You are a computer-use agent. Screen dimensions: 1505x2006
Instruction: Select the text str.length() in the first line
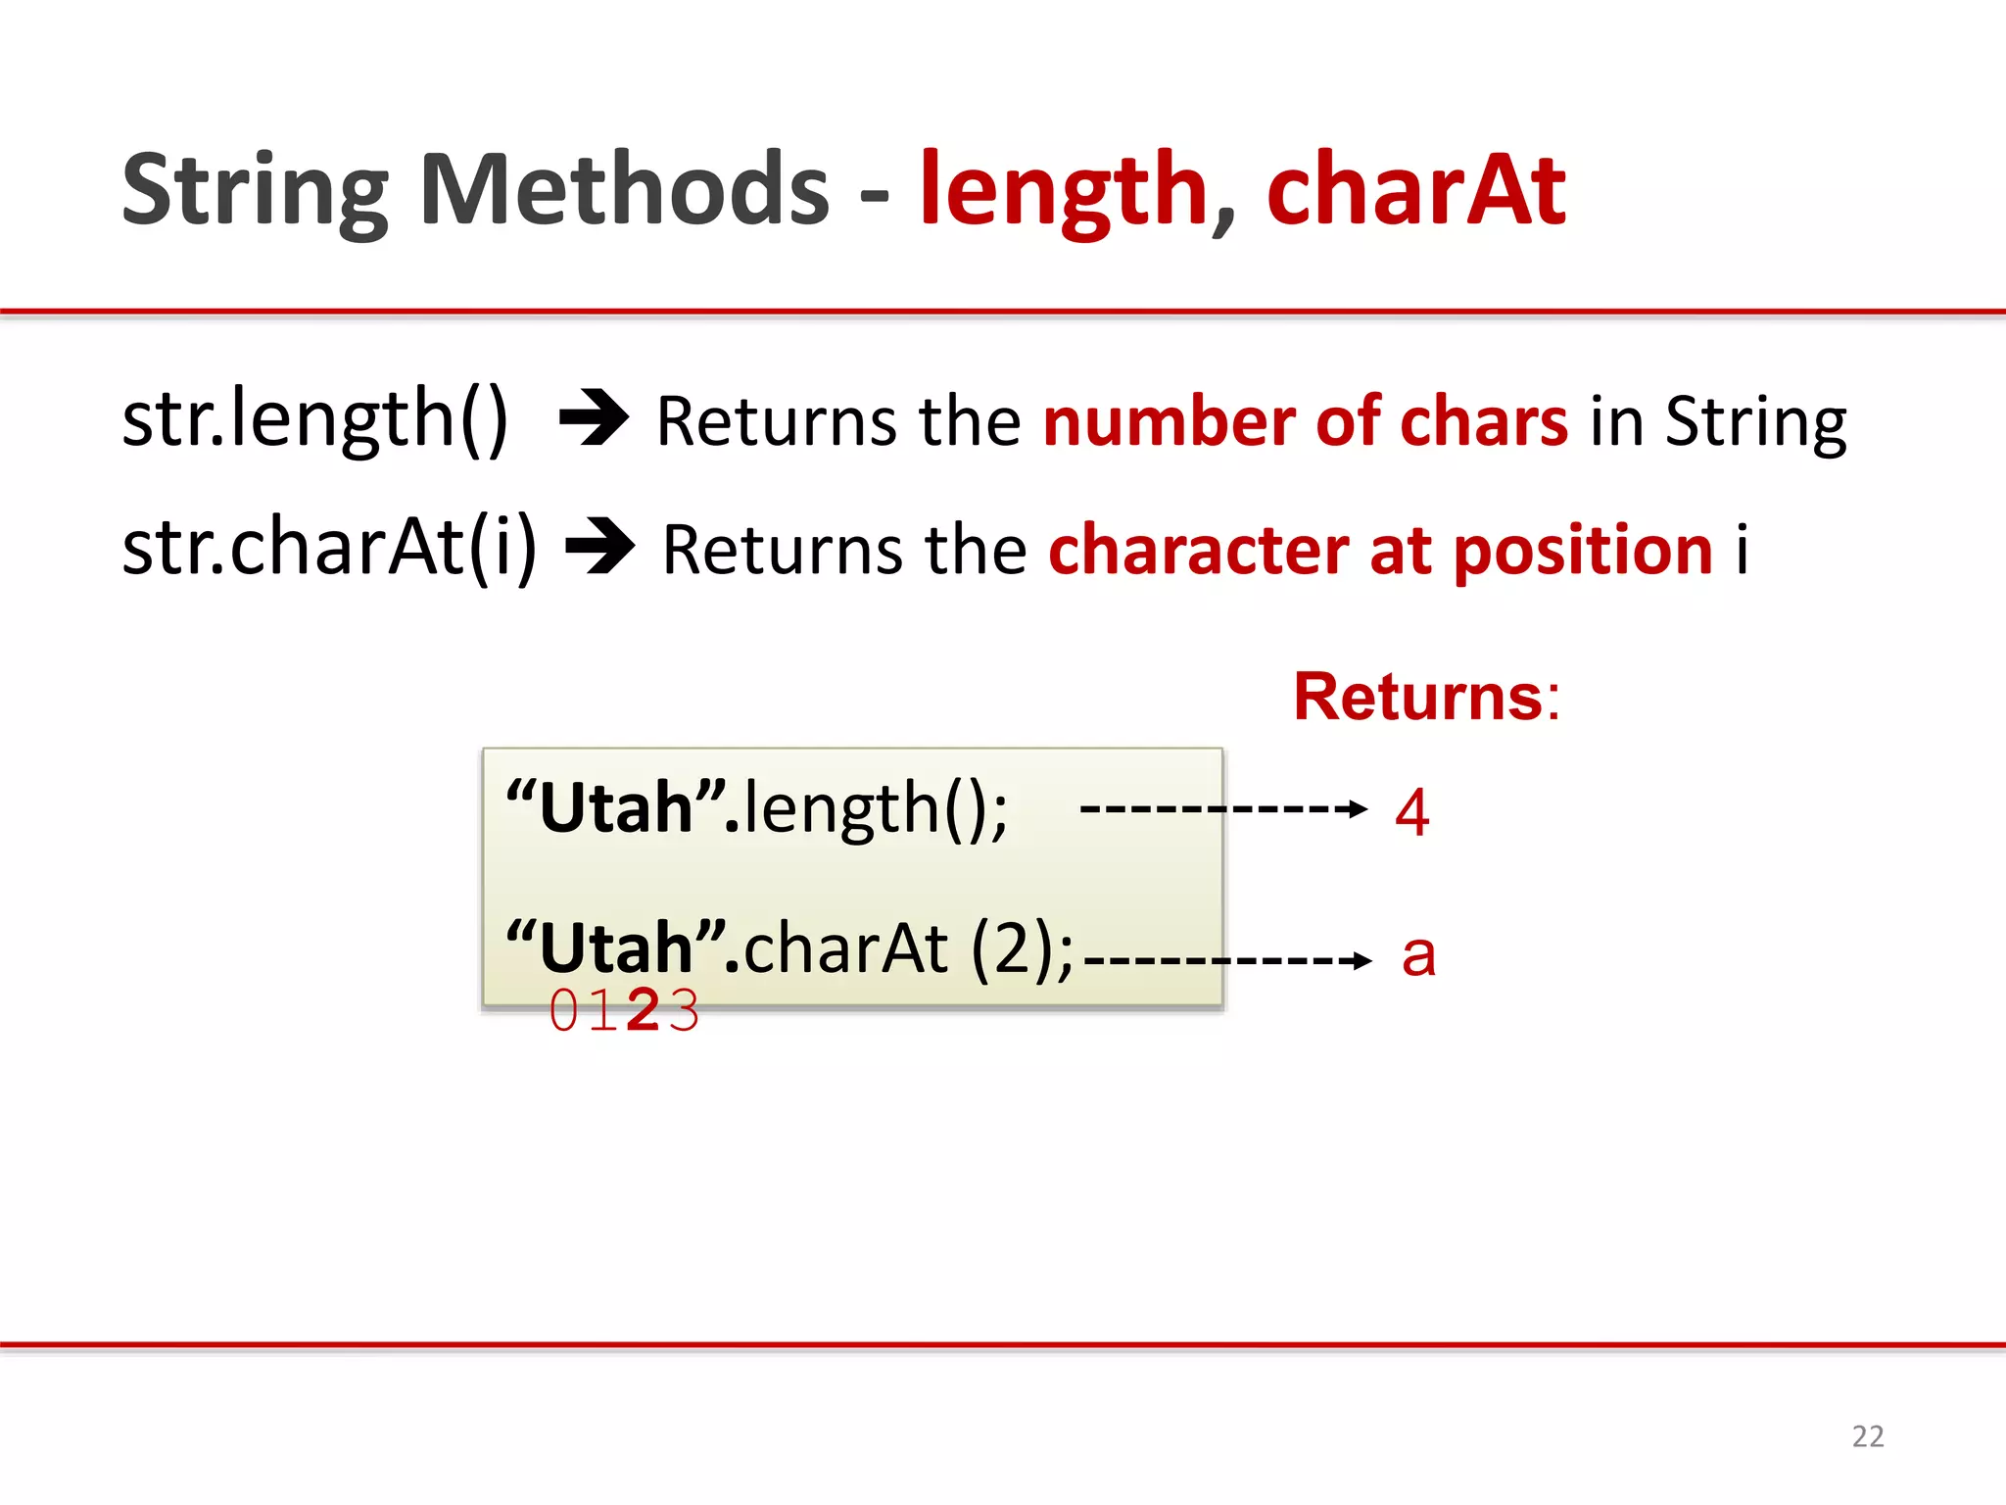[315, 419]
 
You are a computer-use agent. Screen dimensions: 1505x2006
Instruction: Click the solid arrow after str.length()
[594, 418]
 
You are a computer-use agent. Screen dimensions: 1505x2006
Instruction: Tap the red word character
[1199, 550]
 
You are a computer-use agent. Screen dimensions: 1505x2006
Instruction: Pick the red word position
[1583, 550]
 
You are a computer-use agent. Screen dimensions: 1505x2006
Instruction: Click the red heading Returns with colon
[1425, 697]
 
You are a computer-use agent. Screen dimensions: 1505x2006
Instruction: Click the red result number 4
[1411, 812]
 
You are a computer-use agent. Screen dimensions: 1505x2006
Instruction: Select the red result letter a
[1418, 955]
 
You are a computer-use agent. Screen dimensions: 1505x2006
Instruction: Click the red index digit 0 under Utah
[564, 1010]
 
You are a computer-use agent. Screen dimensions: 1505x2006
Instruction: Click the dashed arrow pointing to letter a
[1227, 960]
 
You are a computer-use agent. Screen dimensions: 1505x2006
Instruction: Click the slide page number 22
[1867, 1436]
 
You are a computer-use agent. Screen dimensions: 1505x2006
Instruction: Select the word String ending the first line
[1755, 421]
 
